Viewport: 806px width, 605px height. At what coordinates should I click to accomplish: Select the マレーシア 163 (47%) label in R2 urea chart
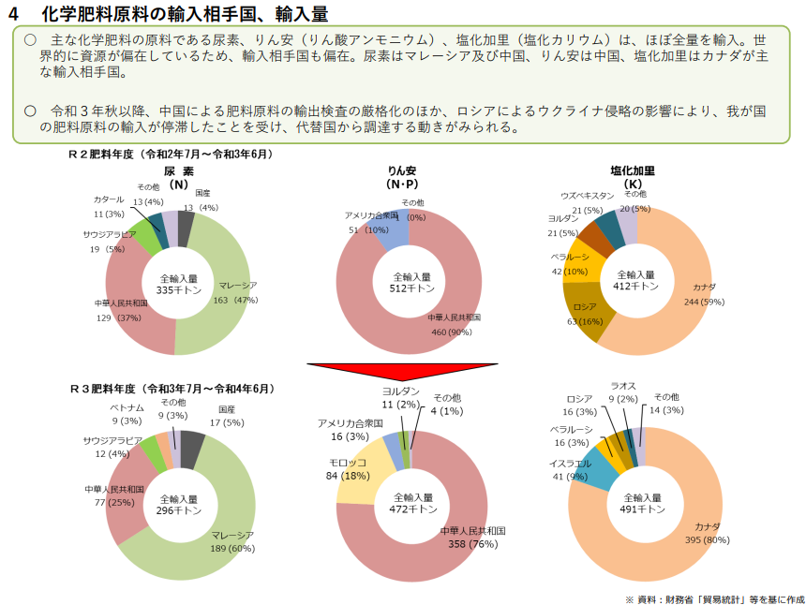click(235, 292)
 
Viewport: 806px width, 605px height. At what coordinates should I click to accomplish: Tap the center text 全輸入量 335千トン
click(178, 285)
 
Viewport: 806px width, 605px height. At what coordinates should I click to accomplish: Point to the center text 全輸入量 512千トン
click(411, 283)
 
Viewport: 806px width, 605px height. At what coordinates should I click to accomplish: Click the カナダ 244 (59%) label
click(705, 294)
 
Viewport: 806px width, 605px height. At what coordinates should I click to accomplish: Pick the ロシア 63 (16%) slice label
click(583, 314)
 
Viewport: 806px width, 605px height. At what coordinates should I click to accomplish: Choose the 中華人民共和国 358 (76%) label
click(473, 537)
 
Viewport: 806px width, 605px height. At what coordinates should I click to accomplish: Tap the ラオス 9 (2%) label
click(624, 391)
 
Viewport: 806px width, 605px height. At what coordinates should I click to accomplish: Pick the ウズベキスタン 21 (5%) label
click(587, 202)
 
